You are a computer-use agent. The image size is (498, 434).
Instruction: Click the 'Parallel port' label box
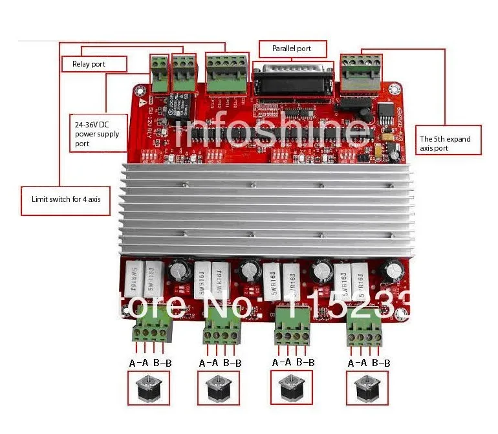tap(292, 49)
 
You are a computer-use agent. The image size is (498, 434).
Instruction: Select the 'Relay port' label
tap(94, 63)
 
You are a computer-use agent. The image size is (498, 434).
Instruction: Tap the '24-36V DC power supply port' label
tap(98, 133)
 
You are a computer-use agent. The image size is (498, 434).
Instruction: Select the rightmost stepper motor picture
tap(368, 388)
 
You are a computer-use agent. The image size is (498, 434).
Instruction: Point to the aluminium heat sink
tap(266, 208)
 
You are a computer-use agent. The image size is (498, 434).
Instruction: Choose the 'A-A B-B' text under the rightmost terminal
tap(369, 363)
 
